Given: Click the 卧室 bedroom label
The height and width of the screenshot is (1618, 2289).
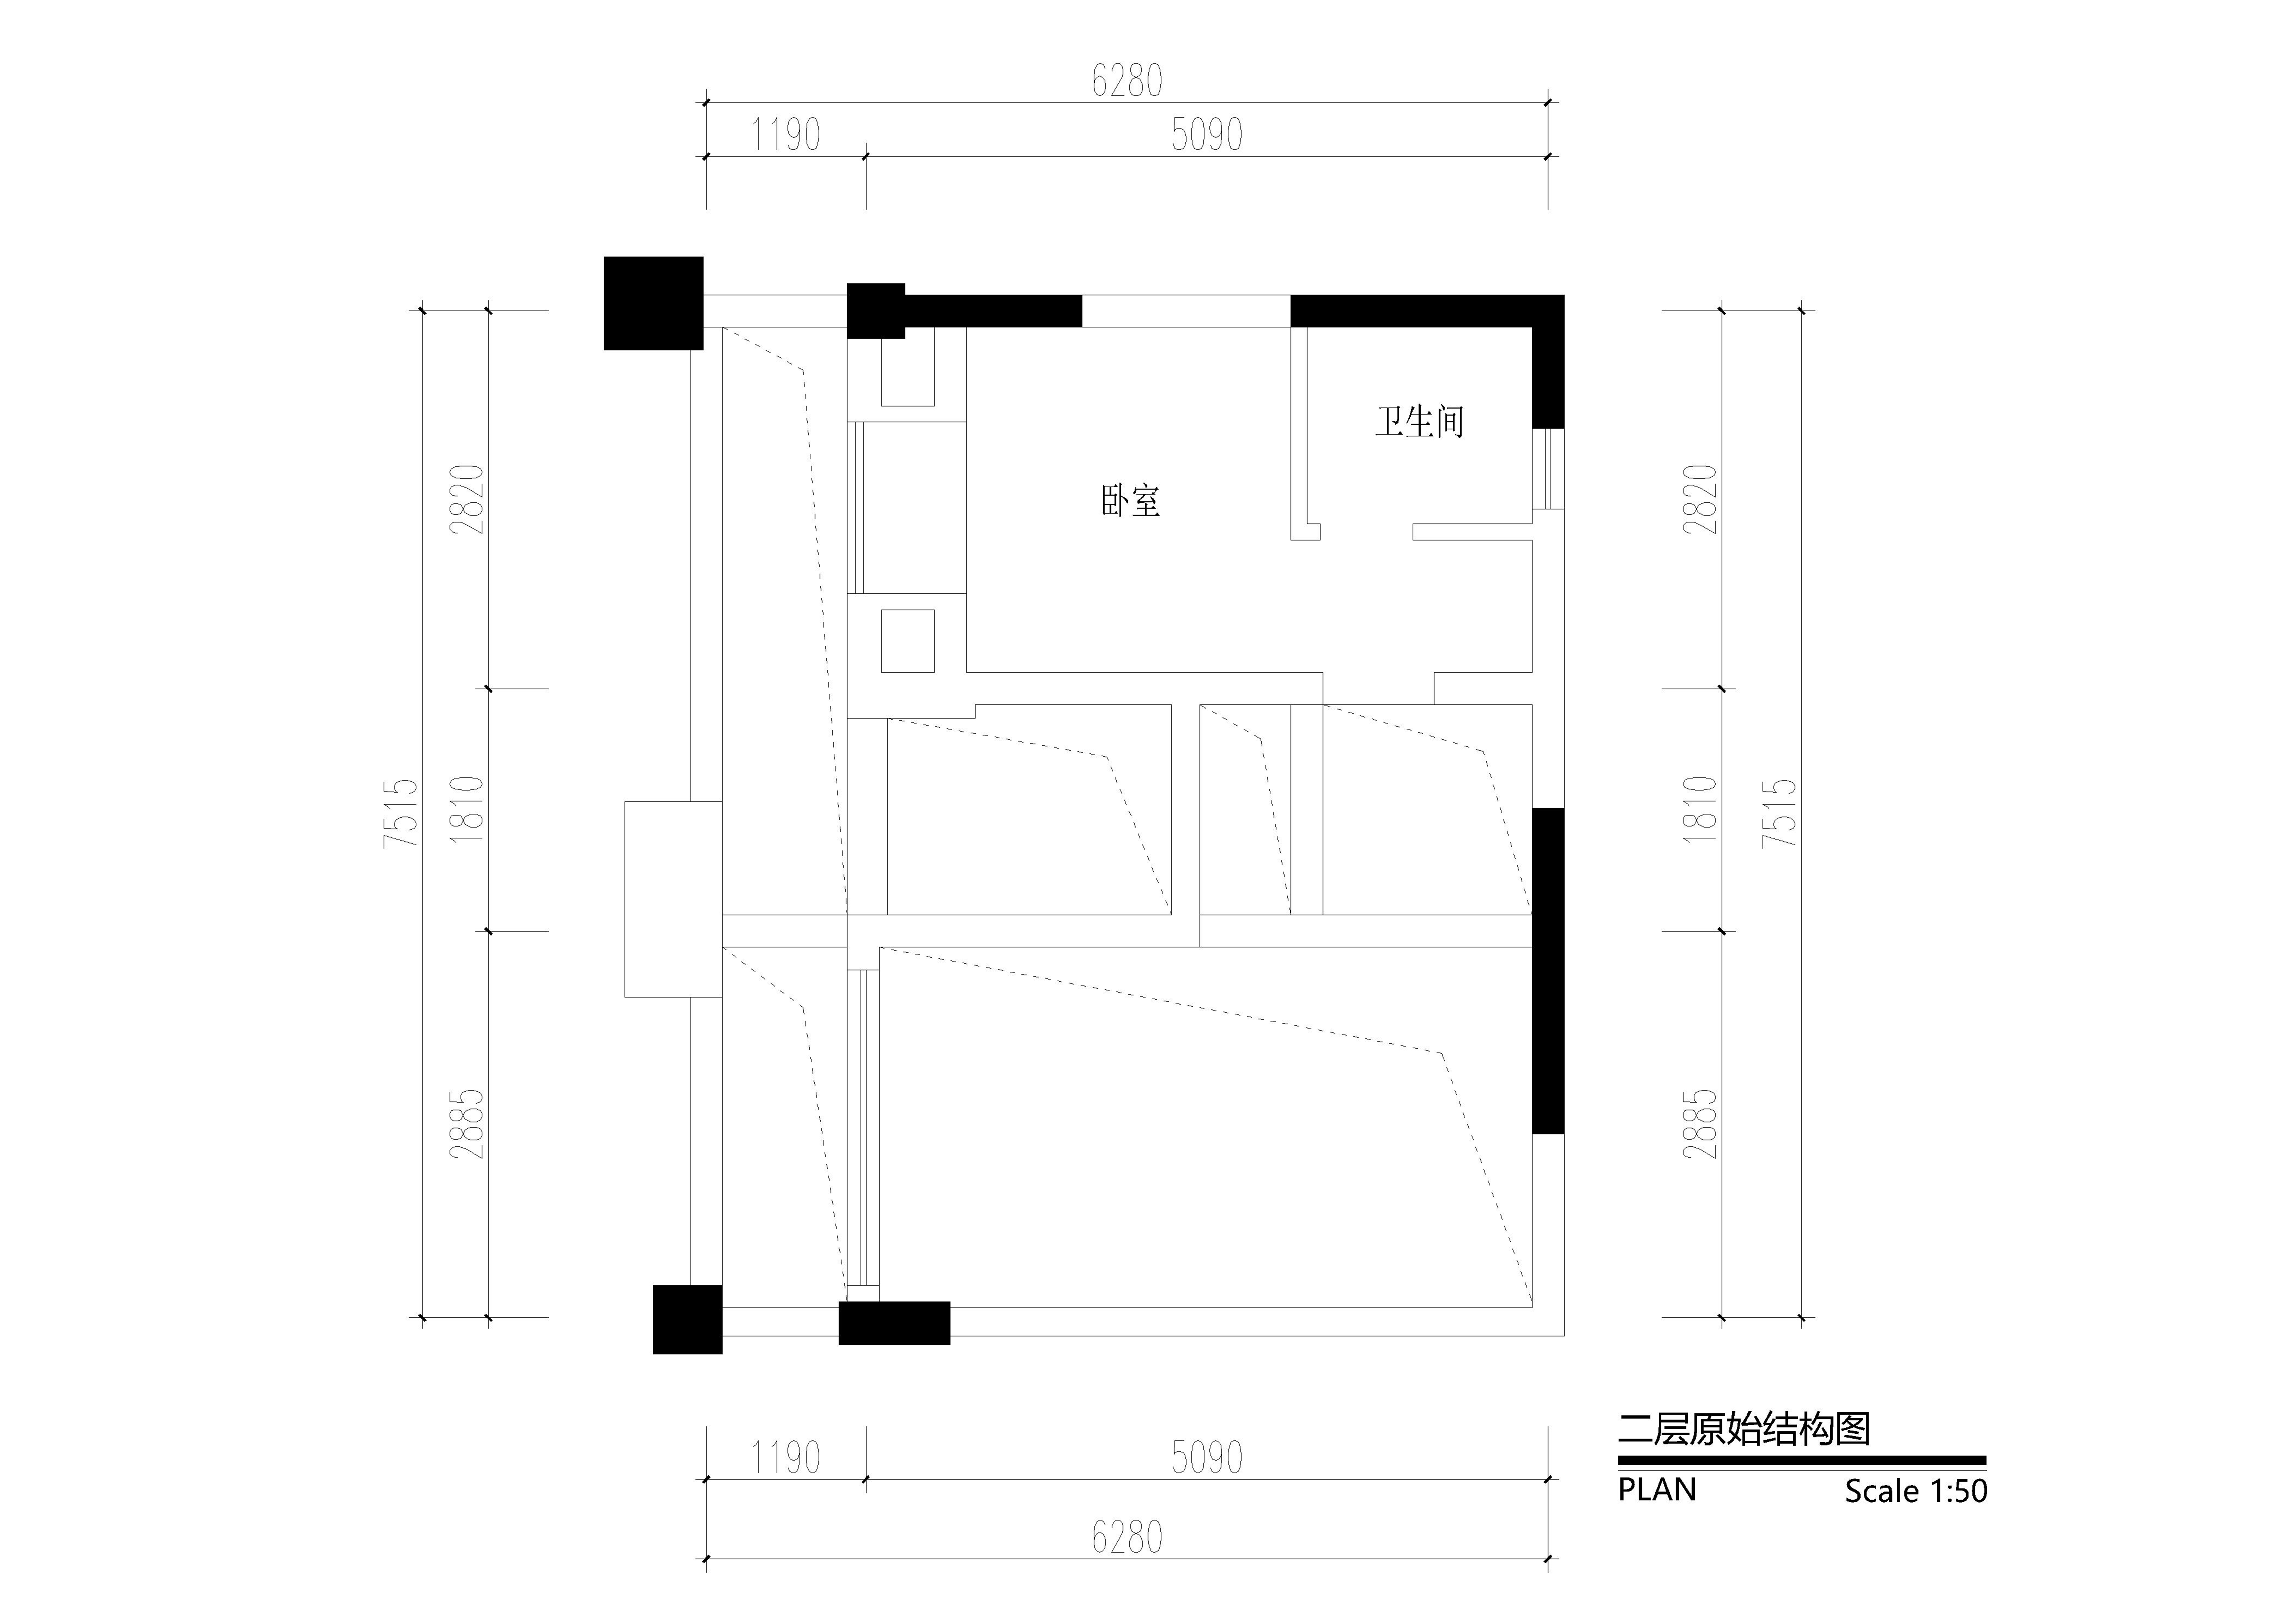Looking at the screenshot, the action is coord(1131,500).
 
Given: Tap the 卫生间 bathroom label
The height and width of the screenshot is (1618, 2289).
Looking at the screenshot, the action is coord(1420,422).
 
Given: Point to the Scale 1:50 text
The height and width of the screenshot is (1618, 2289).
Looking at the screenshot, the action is coord(1915,1491).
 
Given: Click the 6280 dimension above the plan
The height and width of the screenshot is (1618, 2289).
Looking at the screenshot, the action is coord(1128,81).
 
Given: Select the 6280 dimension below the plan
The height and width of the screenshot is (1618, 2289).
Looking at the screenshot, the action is coord(1128,1537).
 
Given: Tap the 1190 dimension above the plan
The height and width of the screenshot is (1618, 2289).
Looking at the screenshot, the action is coord(786,135).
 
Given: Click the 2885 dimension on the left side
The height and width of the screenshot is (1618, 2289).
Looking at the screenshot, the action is coord(466,1123).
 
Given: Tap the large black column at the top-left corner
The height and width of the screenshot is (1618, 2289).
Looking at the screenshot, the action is coord(653,303).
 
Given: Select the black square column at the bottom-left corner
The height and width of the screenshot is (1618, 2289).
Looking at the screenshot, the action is coord(687,1319).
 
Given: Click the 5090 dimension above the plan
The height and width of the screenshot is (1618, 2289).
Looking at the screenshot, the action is coord(1207,135).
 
